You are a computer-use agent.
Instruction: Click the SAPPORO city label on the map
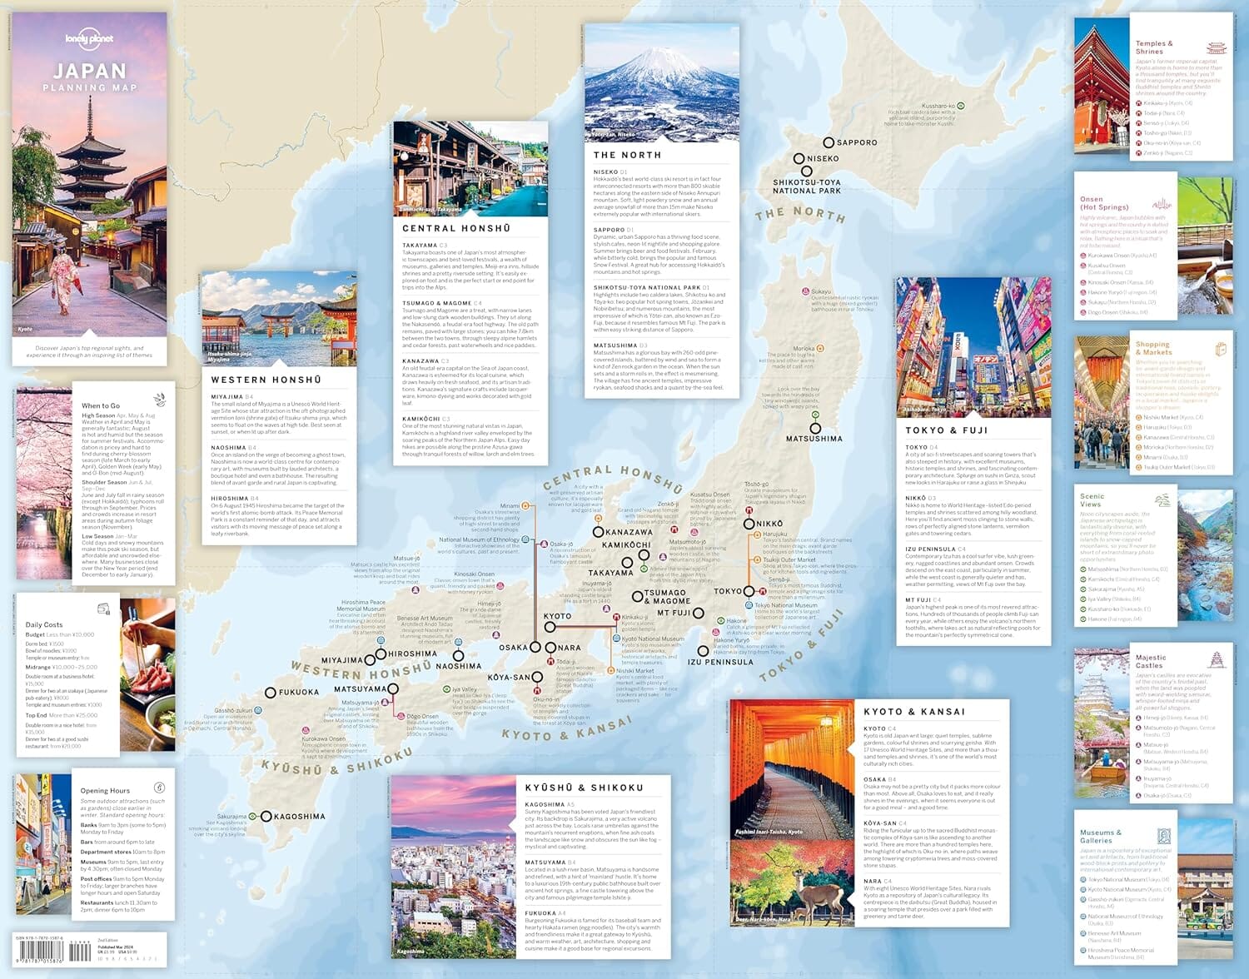[x=857, y=142]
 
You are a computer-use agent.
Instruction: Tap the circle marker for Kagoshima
[x=266, y=817]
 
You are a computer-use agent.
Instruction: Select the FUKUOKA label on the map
[x=298, y=693]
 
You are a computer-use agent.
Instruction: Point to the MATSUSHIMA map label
[x=814, y=439]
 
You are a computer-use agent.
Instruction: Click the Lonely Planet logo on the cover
[x=89, y=39]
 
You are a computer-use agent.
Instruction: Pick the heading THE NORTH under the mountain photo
[x=627, y=155]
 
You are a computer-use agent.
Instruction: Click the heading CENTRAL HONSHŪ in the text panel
[x=456, y=228]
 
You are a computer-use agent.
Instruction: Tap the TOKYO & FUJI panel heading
[x=946, y=430]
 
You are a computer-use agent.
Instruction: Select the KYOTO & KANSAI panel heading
[x=913, y=712]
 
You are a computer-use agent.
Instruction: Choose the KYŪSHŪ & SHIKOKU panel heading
[x=584, y=788]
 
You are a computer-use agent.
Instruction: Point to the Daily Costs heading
[x=44, y=624]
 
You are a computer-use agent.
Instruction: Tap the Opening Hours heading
[x=105, y=790]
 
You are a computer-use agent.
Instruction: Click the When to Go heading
[x=101, y=405]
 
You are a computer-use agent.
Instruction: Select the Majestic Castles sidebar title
[x=1151, y=662]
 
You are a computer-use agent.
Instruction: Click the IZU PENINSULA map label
[x=720, y=663]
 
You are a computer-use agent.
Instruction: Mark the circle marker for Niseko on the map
[x=799, y=158]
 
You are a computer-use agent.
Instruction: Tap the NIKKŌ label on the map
[x=769, y=524]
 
